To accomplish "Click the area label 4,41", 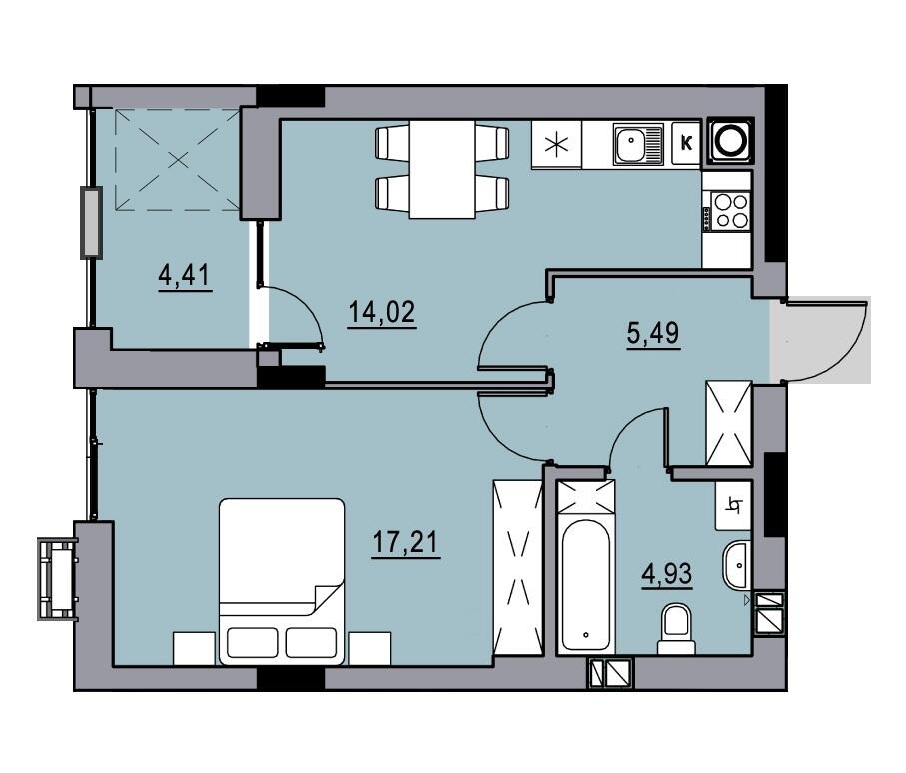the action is (x=185, y=275).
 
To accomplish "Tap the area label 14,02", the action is (x=382, y=312).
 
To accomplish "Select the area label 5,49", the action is (x=653, y=333).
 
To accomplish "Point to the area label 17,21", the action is (x=405, y=542).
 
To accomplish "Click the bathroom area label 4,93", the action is (x=667, y=575).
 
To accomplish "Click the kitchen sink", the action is (x=638, y=144).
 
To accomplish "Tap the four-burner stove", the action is (x=727, y=211).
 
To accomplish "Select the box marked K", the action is (x=686, y=142).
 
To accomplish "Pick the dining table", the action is (x=443, y=169).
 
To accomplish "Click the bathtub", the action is (x=586, y=584).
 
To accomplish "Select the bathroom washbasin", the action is (x=735, y=565).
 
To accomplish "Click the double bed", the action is (x=282, y=582).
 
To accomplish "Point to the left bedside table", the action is (x=194, y=649).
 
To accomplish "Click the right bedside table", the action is (x=370, y=649).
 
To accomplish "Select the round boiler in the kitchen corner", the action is (x=730, y=140).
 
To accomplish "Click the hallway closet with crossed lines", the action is (x=728, y=422).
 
